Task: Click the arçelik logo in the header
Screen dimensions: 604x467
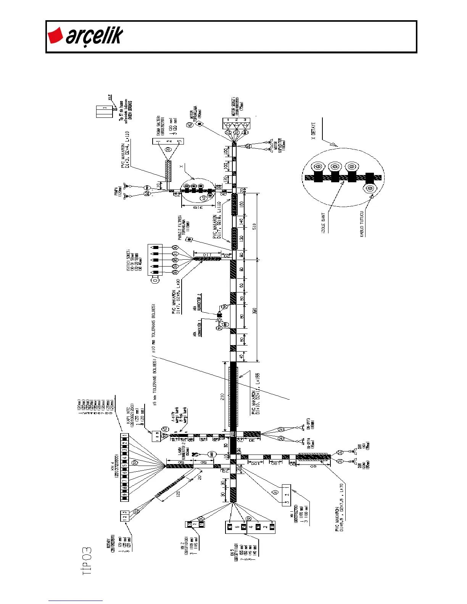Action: pos(85,36)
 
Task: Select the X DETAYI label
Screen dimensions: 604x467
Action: pos(313,131)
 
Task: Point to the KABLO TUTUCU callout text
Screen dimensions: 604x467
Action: pos(362,225)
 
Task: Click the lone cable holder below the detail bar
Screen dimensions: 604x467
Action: pos(369,188)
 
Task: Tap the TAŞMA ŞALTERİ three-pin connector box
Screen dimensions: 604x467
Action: pos(168,141)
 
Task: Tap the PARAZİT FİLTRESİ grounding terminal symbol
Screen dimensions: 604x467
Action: pos(188,239)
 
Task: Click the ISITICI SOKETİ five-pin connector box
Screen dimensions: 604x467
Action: pos(155,260)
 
